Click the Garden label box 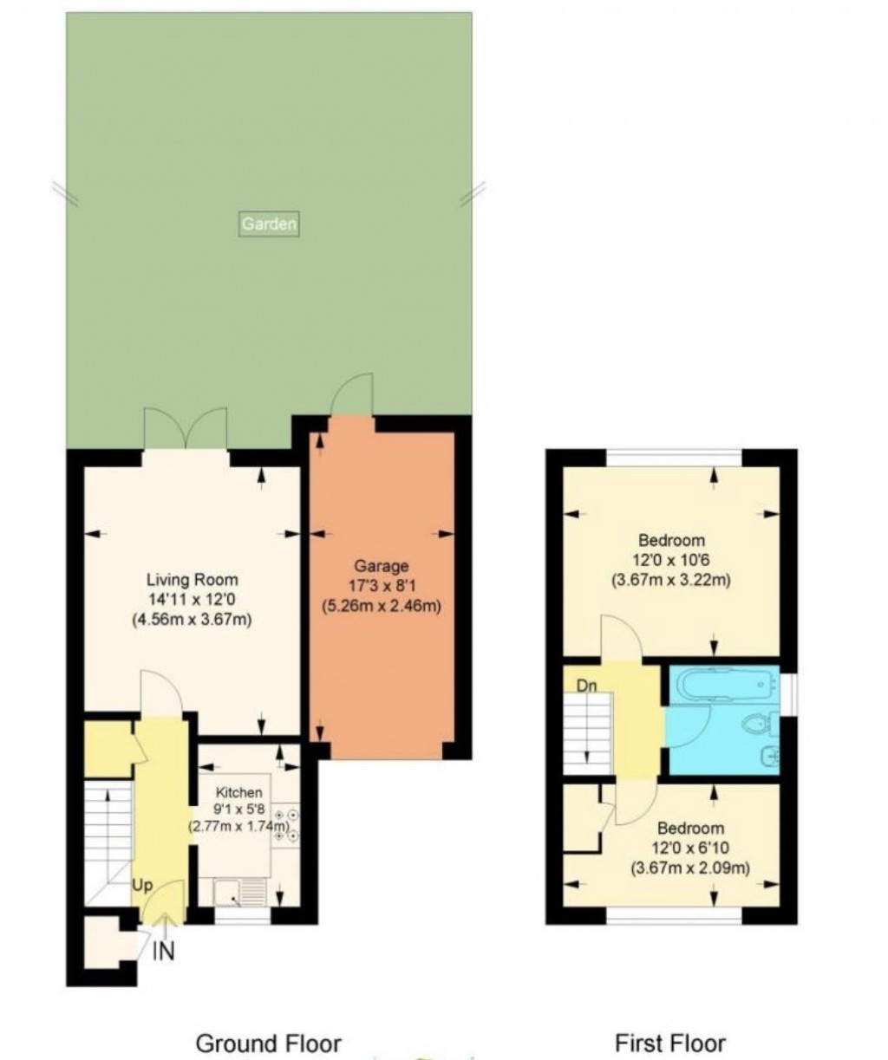pos(269,224)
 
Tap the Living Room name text pos(192,579)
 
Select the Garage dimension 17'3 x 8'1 pos(382,586)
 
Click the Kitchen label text pos(239,792)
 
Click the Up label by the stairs pos(142,885)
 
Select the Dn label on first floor pos(587,686)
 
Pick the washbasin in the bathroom pos(770,757)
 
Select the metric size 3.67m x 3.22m pos(670,580)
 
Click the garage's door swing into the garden pos(352,396)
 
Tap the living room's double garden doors pos(186,428)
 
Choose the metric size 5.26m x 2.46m pos(382,606)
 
